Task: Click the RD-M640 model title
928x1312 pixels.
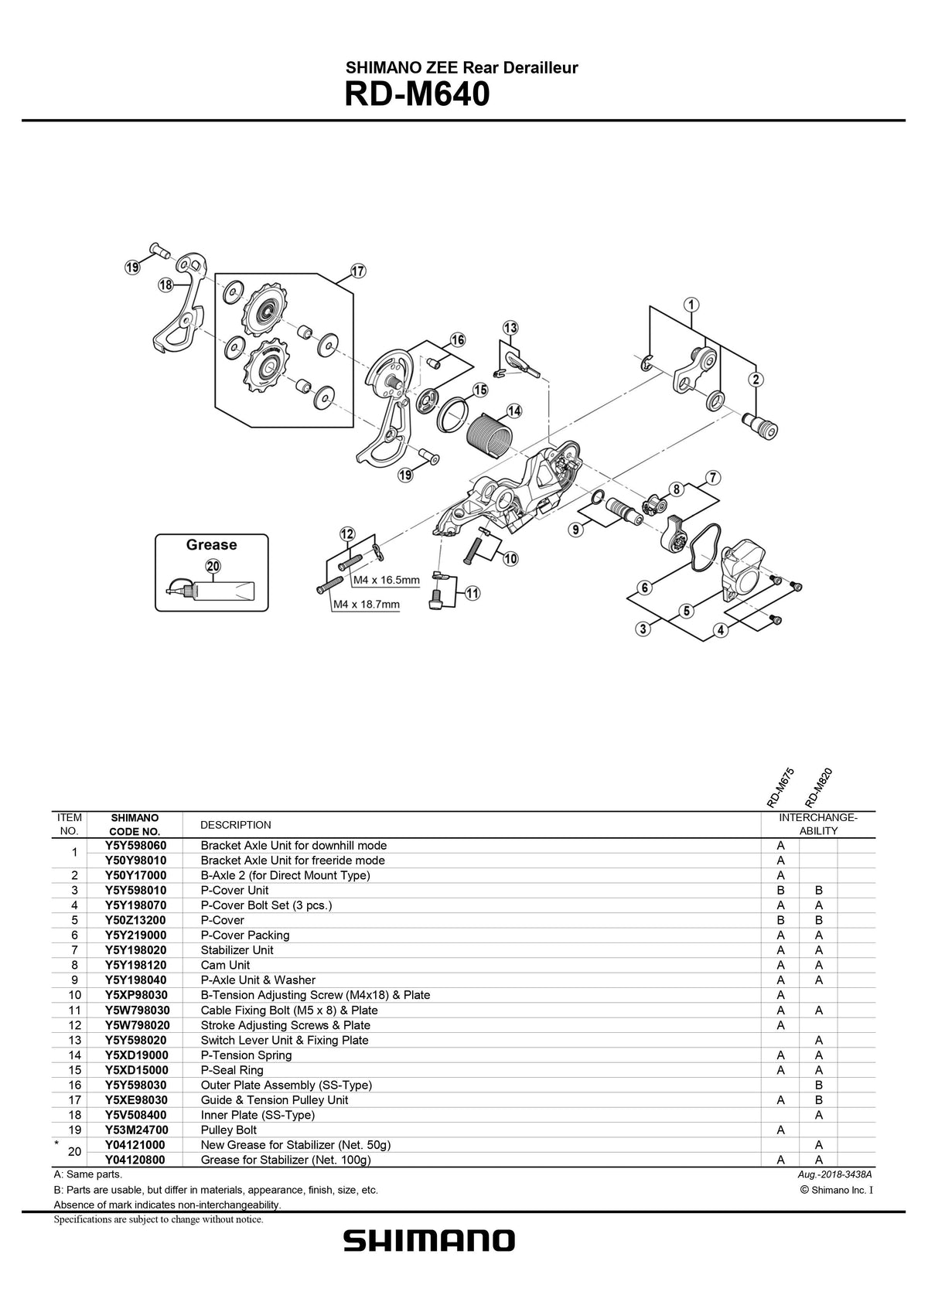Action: pyautogui.click(x=416, y=94)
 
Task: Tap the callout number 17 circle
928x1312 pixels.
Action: pyautogui.click(x=358, y=271)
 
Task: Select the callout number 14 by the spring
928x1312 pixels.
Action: pyautogui.click(x=513, y=411)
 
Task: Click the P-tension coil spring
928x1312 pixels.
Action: pyautogui.click(x=486, y=437)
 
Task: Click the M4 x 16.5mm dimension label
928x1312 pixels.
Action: pyautogui.click(x=386, y=580)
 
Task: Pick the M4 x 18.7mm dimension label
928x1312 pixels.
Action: pyautogui.click(x=366, y=605)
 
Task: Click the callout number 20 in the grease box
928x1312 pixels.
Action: pyautogui.click(x=213, y=566)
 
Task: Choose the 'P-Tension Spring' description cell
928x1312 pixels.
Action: pyautogui.click(x=246, y=1055)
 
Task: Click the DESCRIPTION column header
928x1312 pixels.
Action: pyautogui.click(x=235, y=824)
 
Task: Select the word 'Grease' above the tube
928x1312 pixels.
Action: pyautogui.click(x=211, y=544)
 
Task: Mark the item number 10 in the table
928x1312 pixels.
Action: pyautogui.click(x=74, y=995)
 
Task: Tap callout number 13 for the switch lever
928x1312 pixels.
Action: pyautogui.click(x=510, y=328)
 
